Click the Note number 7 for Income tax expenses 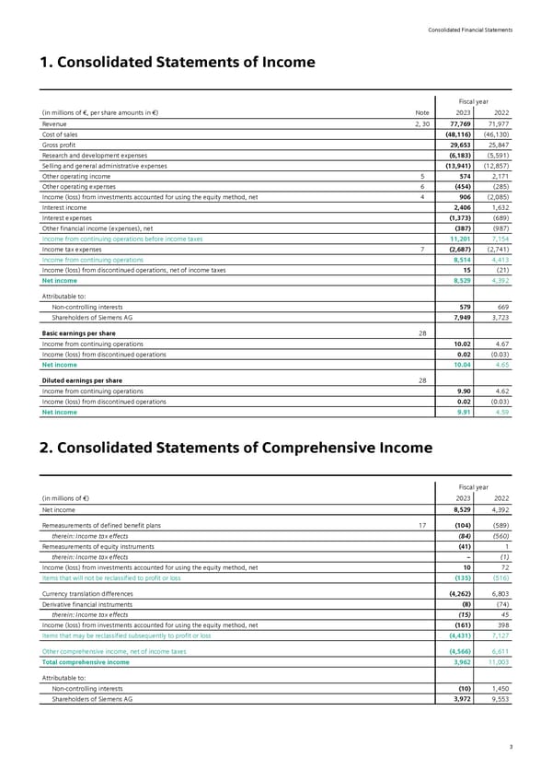tap(420, 249)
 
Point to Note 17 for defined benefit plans tap(419, 525)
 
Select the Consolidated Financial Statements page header tap(470, 30)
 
